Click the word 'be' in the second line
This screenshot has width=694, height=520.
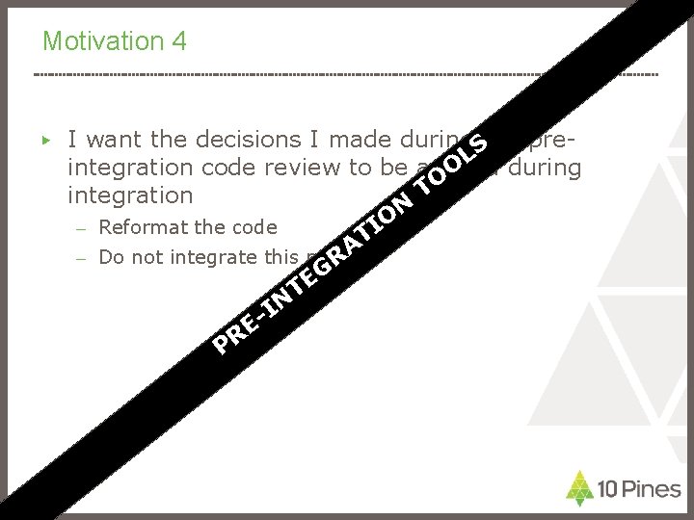coord(393,169)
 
